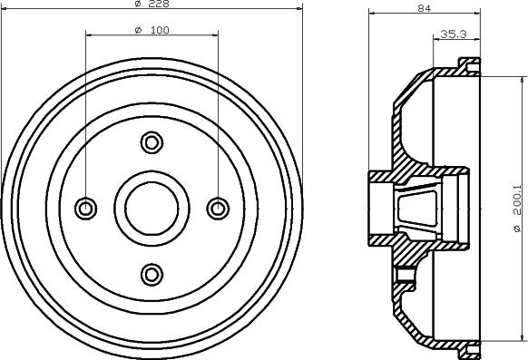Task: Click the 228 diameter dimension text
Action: pyautogui.click(x=158, y=5)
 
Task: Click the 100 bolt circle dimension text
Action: pyautogui.click(x=158, y=30)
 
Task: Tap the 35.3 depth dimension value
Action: pyautogui.click(x=453, y=34)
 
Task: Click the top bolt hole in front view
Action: pyautogui.click(x=152, y=142)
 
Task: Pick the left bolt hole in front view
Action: pyautogui.click(x=86, y=208)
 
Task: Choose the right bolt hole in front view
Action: pyautogui.click(x=217, y=208)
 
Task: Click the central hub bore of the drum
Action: pyautogui.click(x=152, y=208)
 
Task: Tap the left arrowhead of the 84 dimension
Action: pyautogui.click(x=373, y=13)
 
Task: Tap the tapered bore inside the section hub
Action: pyautogui.click(x=417, y=208)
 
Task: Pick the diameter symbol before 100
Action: pyautogui.click(x=136, y=30)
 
